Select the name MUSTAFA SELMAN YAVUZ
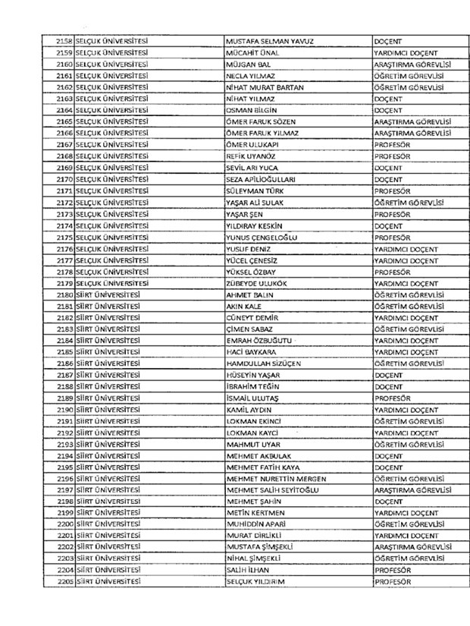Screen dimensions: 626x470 point(270,41)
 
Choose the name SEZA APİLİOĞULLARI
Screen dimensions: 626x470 point(261,179)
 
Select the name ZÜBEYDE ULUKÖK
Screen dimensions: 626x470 point(258,283)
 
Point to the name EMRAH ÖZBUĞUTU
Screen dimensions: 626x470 point(258,341)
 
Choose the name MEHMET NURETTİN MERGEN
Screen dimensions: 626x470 point(276,479)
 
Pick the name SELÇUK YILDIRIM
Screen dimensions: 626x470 point(258,582)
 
